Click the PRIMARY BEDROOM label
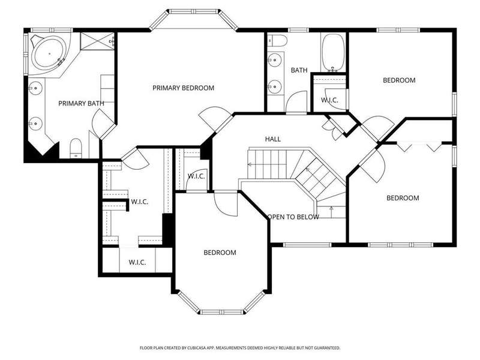[x=184, y=88]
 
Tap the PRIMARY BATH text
[x=81, y=103]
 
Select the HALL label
[x=273, y=139]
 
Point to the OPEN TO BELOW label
[x=293, y=217]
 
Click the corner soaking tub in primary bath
[x=49, y=54]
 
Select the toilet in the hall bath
[x=277, y=40]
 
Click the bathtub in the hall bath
[x=333, y=53]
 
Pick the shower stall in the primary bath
[x=97, y=40]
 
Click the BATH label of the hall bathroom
[x=299, y=70]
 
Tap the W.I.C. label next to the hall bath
[x=329, y=100]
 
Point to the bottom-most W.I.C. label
[x=137, y=262]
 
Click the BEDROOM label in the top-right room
[x=399, y=80]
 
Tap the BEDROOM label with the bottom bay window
[x=220, y=253]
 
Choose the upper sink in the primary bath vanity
[x=36, y=88]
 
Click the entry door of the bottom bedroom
[x=226, y=203]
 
